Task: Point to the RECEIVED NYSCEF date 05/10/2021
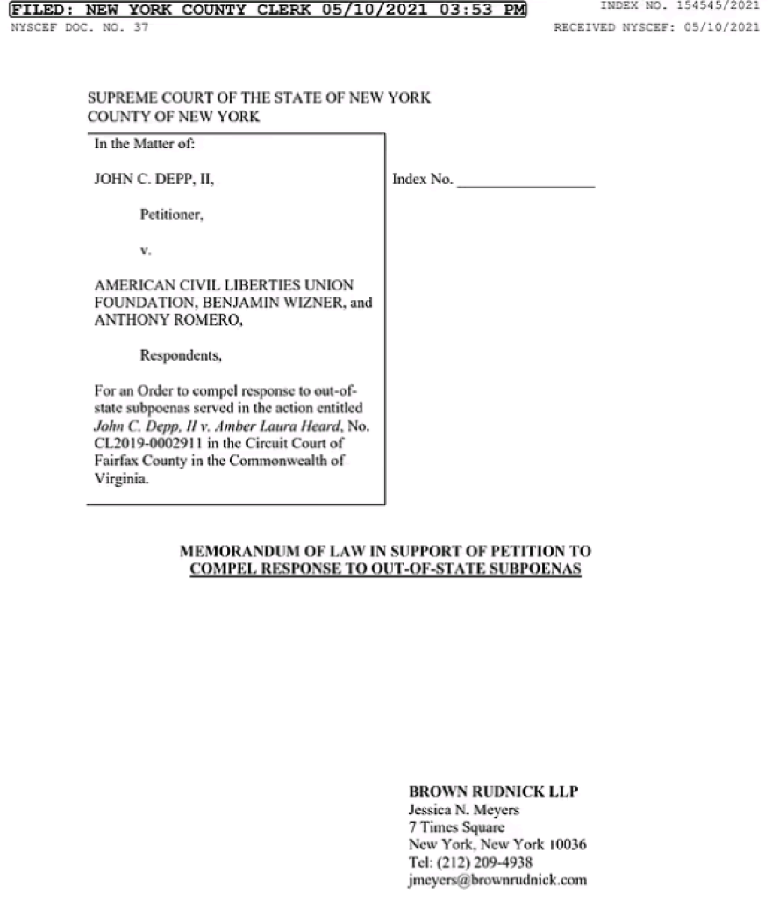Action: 726,26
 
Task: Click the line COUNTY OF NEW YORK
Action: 173,116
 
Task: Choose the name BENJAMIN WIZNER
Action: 260,303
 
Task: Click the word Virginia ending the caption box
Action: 119,479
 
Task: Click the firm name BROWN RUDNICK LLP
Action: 494,791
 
